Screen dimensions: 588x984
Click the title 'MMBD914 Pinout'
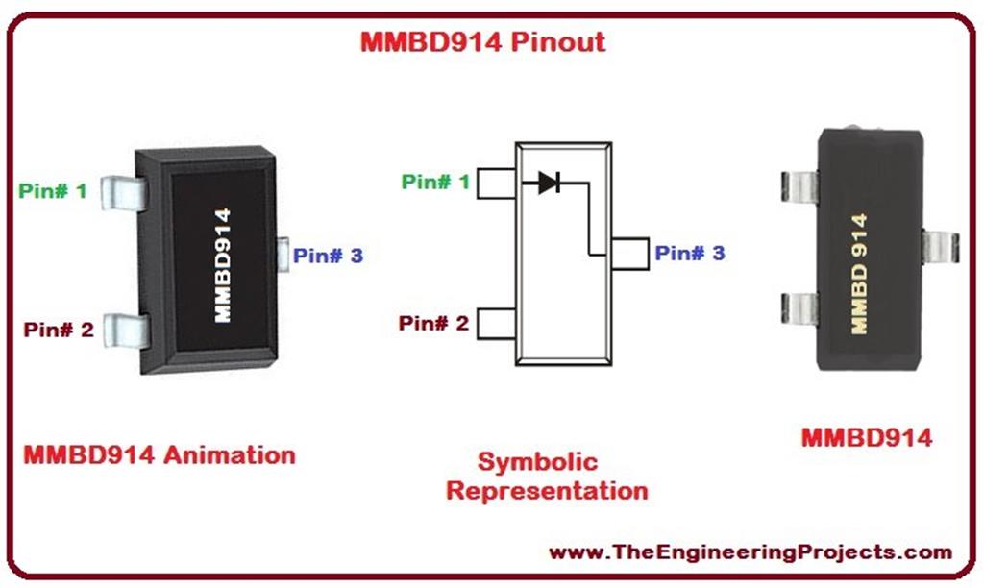(x=482, y=42)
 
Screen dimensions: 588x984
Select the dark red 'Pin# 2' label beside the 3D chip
(x=59, y=331)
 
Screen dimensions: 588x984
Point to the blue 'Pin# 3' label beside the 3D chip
(x=328, y=256)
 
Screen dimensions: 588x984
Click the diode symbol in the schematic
(x=549, y=182)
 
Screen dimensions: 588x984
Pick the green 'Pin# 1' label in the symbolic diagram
(x=435, y=182)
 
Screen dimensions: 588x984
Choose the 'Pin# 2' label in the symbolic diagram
(x=433, y=323)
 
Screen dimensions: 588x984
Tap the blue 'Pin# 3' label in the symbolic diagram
(x=690, y=254)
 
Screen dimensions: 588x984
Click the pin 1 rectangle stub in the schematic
(x=496, y=183)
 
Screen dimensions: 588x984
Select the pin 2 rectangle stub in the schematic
(x=496, y=323)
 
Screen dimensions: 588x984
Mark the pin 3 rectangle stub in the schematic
(x=629, y=253)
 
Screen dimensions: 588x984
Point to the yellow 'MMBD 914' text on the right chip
(x=859, y=274)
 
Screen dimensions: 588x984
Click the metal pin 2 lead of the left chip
(x=127, y=330)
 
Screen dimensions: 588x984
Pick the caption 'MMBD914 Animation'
(x=159, y=453)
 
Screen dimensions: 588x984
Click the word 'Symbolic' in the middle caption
(x=537, y=462)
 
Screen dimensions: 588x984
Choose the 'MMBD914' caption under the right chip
(x=866, y=438)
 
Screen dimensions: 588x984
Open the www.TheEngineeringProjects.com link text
(x=750, y=552)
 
